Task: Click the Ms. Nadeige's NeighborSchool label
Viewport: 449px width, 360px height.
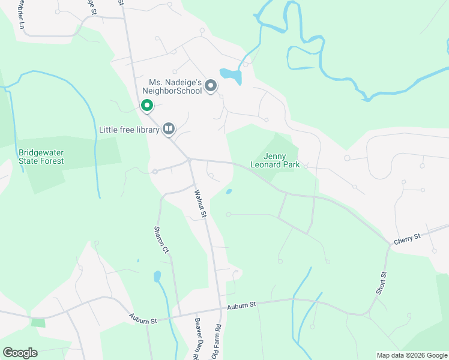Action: point(174,86)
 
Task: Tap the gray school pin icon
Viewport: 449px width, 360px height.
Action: point(211,86)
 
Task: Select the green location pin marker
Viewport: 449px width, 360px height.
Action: point(146,106)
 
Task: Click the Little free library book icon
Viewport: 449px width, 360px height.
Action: point(169,128)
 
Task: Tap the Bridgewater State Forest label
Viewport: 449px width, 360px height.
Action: point(41,157)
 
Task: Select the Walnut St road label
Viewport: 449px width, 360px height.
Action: point(200,203)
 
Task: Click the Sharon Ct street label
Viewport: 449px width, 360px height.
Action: point(159,240)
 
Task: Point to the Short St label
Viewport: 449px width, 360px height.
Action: point(382,283)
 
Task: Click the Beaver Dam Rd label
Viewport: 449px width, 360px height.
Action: point(196,338)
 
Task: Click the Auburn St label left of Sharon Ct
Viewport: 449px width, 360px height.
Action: point(143,318)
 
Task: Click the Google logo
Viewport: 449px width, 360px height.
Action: point(20,352)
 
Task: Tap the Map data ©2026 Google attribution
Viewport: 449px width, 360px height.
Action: point(411,355)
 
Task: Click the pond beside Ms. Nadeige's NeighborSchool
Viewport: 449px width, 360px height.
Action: point(231,75)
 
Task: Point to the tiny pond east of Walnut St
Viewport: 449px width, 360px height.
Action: point(229,192)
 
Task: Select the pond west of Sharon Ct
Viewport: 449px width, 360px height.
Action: point(157,277)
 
